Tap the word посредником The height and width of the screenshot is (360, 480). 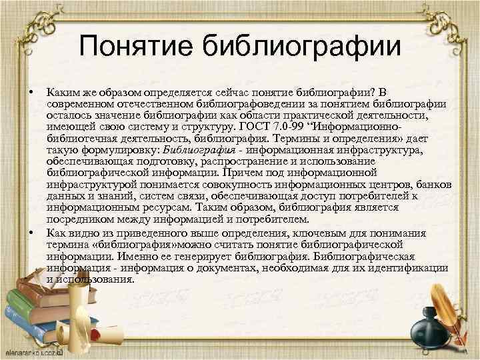[80, 219]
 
